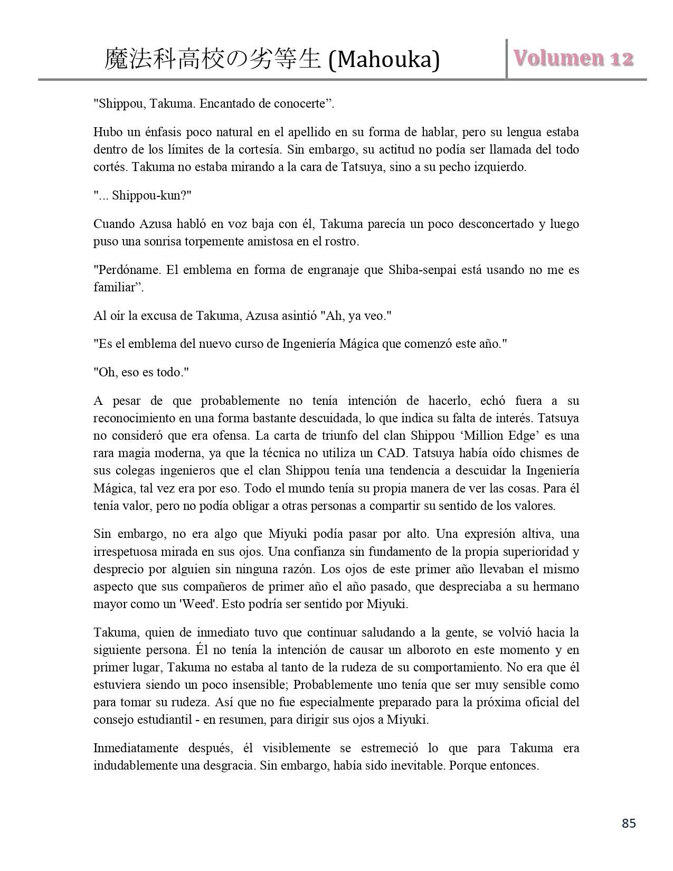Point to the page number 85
click(629, 823)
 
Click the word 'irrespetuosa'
click(127, 552)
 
